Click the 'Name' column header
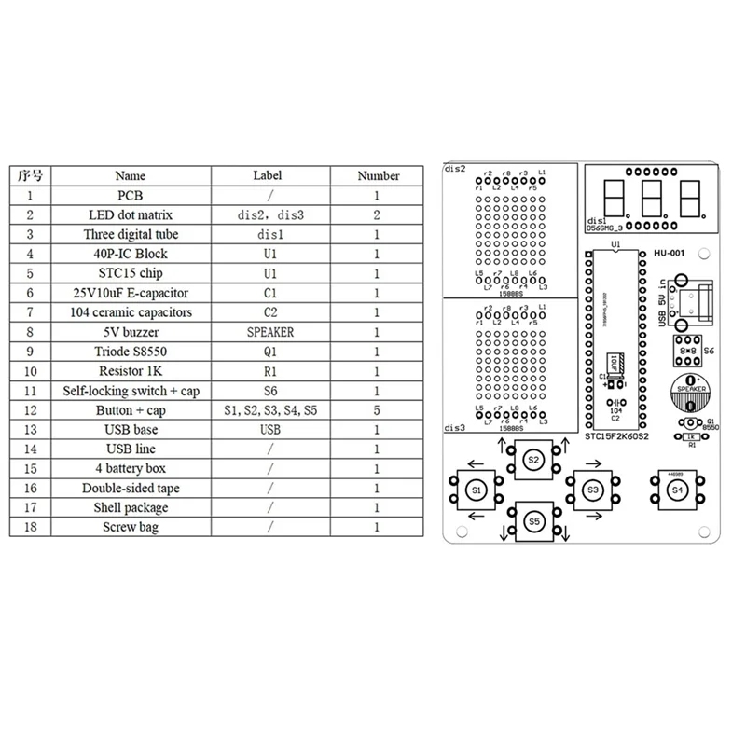point(131,175)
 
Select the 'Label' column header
point(267,175)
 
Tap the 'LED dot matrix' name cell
point(131,214)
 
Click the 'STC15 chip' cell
point(131,273)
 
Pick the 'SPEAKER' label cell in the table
point(270,332)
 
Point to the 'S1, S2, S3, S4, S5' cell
point(270,410)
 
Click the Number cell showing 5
point(377,410)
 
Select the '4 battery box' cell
point(131,469)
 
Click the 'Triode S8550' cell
point(131,352)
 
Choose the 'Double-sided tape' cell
point(131,489)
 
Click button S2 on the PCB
point(533,459)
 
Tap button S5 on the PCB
point(533,521)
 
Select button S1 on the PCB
point(476,490)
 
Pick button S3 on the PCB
point(591,490)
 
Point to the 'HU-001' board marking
point(670,251)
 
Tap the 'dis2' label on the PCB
point(456,170)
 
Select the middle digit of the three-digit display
point(652,195)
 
